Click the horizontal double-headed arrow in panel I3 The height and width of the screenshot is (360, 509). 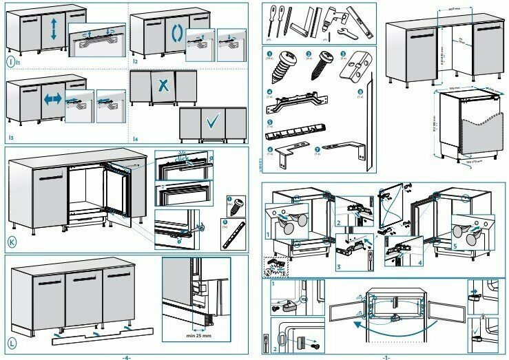52,98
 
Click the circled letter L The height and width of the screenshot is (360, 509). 12,342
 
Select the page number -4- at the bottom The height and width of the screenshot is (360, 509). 126,357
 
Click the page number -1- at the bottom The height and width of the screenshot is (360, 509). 386,357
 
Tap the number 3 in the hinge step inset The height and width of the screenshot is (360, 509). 338,266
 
